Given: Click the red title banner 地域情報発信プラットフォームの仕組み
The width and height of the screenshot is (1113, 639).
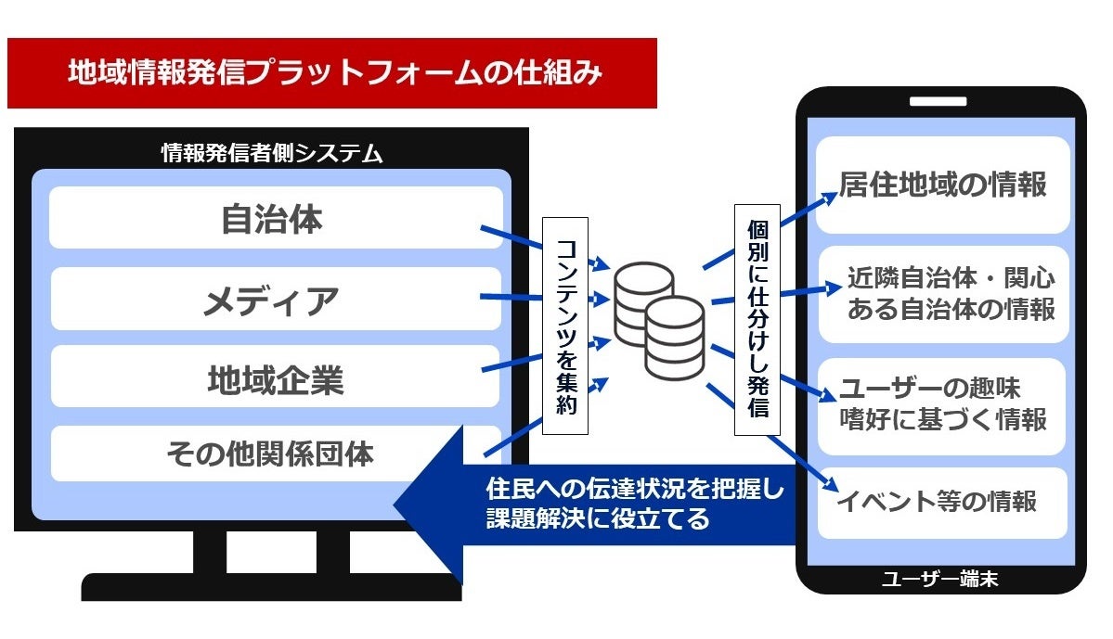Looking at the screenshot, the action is pyautogui.click(x=331, y=73).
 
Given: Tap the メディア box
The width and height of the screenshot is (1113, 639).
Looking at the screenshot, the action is pyautogui.click(x=275, y=299).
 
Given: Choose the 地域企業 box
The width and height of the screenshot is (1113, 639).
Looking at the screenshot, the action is pyautogui.click(x=275, y=377).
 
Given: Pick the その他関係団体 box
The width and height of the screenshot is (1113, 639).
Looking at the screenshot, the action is pyautogui.click(x=275, y=454).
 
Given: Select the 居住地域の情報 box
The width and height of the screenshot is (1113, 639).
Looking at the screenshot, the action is pyautogui.click(x=943, y=185).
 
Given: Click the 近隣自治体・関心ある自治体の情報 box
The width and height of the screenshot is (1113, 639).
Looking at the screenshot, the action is pyautogui.click(x=943, y=294).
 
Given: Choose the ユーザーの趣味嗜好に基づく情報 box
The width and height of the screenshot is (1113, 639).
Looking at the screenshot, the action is pyautogui.click(x=943, y=404).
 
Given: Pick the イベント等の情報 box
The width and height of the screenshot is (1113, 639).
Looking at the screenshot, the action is pyautogui.click(x=943, y=502).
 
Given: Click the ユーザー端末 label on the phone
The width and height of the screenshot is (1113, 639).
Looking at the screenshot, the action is pyautogui.click(x=939, y=581).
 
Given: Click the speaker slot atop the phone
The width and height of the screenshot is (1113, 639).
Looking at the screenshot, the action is pyautogui.click(x=939, y=101).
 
